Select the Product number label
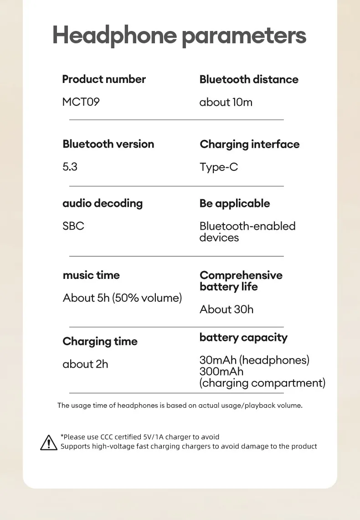tap(104, 79)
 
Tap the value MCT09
tap(81, 102)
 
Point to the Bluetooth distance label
tap(249, 79)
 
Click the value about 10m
tap(226, 102)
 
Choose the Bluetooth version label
tap(108, 144)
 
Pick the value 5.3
tap(70, 167)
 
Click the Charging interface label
tap(250, 144)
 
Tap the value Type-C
tap(219, 167)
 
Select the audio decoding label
tap(103, 203)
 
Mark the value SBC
tap(73, 226)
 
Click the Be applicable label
tap(235, 203)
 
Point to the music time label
tap(91, 275)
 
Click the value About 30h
tap(226, 309)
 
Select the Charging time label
tap(100, 341)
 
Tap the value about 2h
tap(85, 364)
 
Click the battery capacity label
tap(243, 338)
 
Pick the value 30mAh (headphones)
tap(254, 360)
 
